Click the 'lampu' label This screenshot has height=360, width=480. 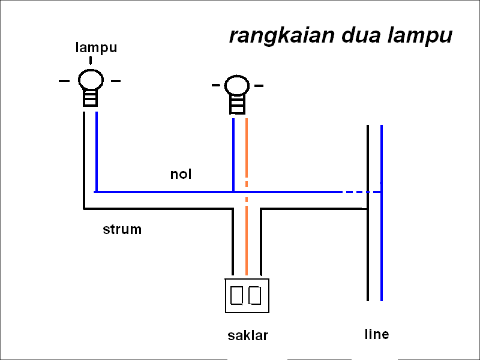pyautogui.click(x=96, y=47)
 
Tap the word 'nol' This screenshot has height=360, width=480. pyautogui.click(x=181, y=175)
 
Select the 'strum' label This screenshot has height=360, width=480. pyautogui.click(x=122, y=229)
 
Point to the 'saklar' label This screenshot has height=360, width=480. pyautogui.click(x=247, y=335)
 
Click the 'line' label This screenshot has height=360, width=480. pyautogui.click(x=376, y=334)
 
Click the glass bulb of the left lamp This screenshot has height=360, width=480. pyautogui.click(x=91, y=80)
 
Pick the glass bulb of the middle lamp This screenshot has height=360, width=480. pyautogui.click(x=236, y=86)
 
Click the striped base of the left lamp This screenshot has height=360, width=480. pyautogui.click(x=90, y=98)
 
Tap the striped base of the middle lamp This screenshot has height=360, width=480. pyautogui.click(x=237, y=104)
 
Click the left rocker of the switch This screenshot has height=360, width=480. pyautogui.click(x=237, y=295)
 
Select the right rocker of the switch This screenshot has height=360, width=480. pyautogui.click(x=256, y=295)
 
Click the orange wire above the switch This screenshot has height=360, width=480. pyautogui.click(x=246, y=240)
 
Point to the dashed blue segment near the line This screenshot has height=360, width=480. pyautogui.click(x=360, y=192)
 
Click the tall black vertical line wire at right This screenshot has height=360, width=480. pyautogui.click(x=367, y=252)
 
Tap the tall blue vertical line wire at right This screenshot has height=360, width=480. pyautogui.click(x=382, y=252)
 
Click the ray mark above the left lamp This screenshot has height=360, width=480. pyautogui.click(x=91, y=60)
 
